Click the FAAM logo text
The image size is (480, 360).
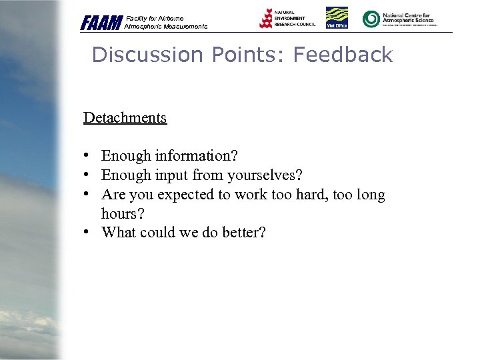[x=101, y=23]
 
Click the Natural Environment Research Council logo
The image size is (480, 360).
[x=287, y=19]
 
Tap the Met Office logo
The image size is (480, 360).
[x=337, y=18]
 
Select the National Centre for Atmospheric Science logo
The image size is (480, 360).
[x=398, y=19]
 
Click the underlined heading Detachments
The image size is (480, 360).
[x=125, y=118]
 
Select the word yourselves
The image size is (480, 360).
[x=265, y=175]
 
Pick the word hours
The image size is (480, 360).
[x=121, y=214]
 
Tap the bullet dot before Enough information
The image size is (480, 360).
[x=87, y=156]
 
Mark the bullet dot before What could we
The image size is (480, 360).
[x=87, y=233]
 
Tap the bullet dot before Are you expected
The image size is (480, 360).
[x=87, y=195]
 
